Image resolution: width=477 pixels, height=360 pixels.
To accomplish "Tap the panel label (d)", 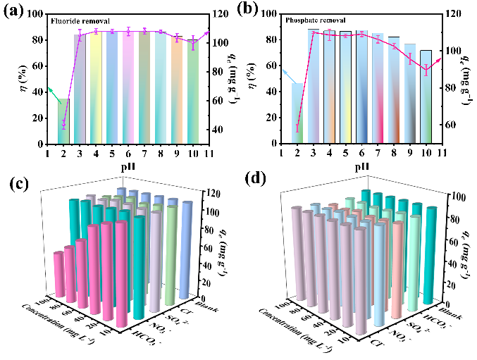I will tap(255, 185).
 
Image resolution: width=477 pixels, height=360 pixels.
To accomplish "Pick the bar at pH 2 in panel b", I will tap(297, 113).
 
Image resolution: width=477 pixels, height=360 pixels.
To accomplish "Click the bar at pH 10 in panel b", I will tap(426, 97).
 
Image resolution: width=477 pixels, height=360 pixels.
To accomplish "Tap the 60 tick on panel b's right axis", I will tap(452, 125).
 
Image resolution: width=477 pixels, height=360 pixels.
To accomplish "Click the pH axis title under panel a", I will tap(127, 168).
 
